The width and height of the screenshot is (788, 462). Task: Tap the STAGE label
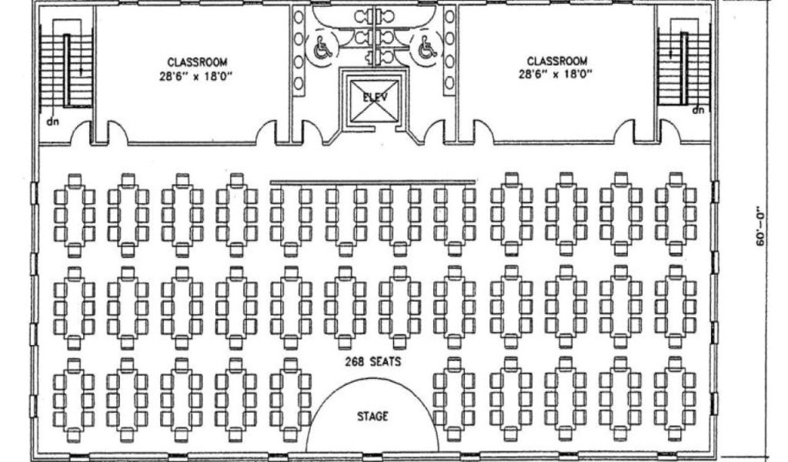pos(373,417)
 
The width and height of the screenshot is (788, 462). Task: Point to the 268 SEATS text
pos(372,361)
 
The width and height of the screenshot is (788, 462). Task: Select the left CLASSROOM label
pos(198,62)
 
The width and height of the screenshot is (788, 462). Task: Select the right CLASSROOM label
pos(557,61)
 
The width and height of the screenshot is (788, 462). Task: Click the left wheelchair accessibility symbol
pos(322,49)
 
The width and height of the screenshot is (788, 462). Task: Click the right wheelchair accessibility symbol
pos(426,49)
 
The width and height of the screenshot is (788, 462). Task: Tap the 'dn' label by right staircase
pos(698,110)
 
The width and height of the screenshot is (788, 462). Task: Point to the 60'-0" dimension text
pos(760,225)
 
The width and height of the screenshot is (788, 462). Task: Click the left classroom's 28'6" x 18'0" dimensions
pos(198,75)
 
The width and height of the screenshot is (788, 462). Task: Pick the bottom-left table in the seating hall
pos(74,400)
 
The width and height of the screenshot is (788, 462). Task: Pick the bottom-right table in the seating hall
pos(676,400)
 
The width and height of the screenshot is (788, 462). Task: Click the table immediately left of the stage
pos(291,400)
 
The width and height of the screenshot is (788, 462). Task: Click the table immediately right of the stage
pos(454,400)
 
